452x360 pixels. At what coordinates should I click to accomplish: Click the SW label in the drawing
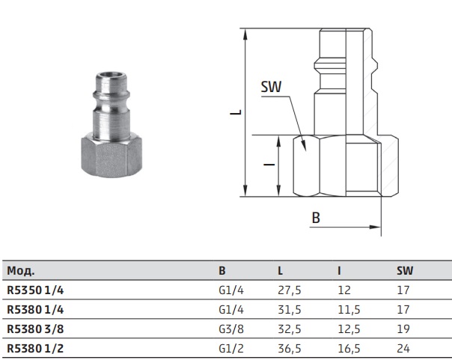(271, 87)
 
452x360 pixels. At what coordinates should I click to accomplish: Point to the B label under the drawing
(316, 218)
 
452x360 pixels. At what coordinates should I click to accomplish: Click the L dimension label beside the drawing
(236, 112)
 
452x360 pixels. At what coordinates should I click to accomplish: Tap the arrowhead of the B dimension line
(375, 227)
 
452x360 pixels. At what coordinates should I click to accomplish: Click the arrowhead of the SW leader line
(303, 145)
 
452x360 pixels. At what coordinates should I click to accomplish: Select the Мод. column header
(21, 271)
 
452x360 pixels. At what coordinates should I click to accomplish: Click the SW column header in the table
(405, 270)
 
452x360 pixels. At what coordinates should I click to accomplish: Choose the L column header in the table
(280, 270)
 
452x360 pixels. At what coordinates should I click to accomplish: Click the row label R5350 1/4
(35, 290)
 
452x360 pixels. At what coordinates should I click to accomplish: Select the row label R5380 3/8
(35, 329)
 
